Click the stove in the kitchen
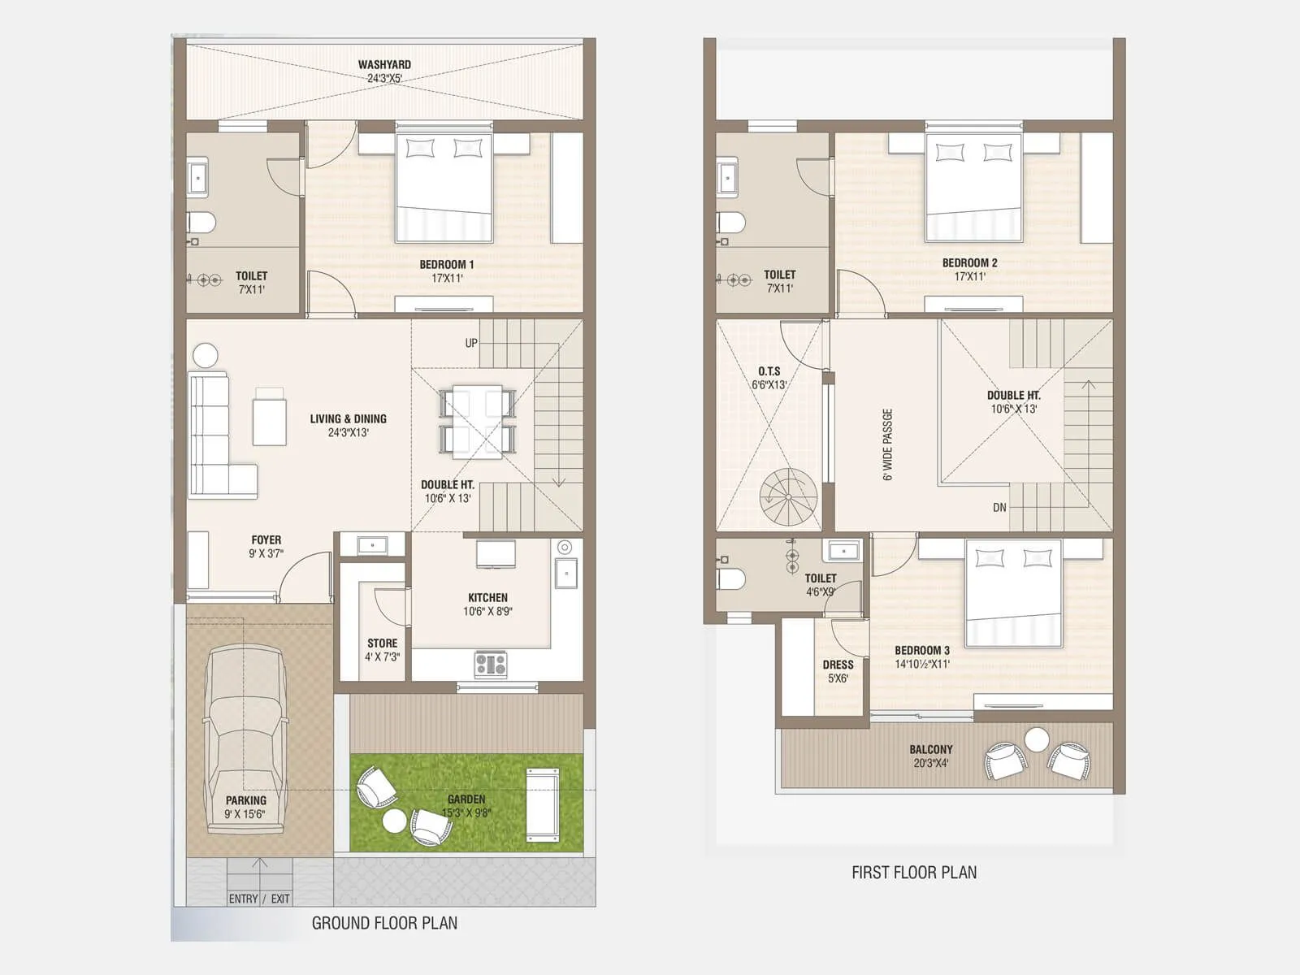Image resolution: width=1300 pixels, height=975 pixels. point(491,665)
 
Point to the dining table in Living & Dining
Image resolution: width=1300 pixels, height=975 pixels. point(477,420)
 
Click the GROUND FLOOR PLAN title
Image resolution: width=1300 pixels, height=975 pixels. point(384,923)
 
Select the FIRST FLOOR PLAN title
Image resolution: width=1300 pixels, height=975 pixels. point(914,873)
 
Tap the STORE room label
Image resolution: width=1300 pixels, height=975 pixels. point(382,649)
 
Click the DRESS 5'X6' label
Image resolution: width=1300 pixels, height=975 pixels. point(838,671)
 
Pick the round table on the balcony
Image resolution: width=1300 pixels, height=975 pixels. point(1037,739)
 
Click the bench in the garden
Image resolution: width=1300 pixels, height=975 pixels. point(542,804)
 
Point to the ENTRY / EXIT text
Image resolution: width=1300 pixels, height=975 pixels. point(258,899)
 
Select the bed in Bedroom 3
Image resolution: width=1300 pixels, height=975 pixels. point(1013,593)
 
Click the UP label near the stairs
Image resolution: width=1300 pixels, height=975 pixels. point(471,343)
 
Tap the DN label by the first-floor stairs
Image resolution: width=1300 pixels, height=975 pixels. point(999,508)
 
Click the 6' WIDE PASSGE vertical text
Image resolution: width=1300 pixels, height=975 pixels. point(887,444)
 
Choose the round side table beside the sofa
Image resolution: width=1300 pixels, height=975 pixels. point(206,355)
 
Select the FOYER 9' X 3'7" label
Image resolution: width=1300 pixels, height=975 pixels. point(266,546)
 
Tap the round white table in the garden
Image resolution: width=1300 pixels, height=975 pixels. point(394,821)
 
